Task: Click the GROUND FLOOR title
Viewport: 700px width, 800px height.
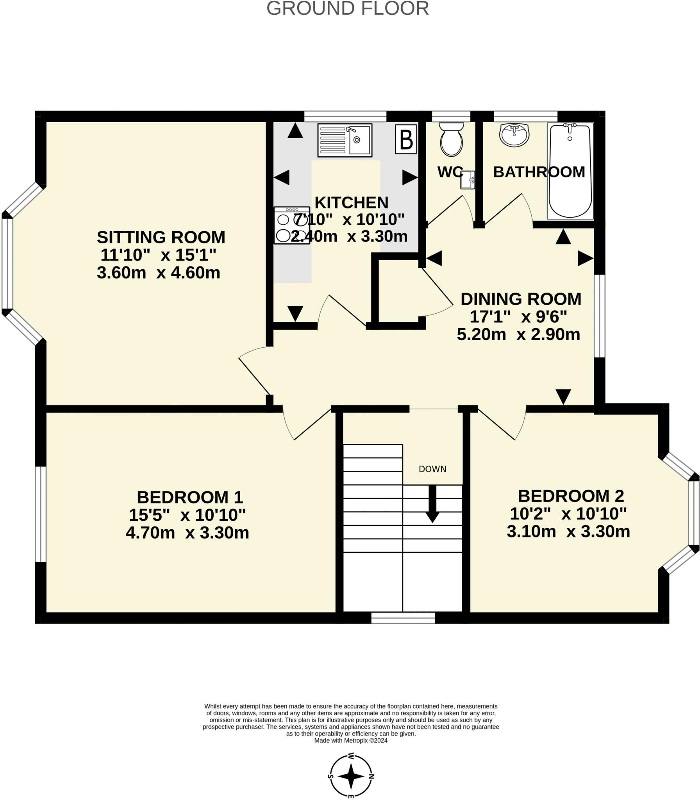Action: click(x=347, y=9)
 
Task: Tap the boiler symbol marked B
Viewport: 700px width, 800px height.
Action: click(x=406, y=139)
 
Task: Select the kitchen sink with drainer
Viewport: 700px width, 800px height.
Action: click(x=345, y=140)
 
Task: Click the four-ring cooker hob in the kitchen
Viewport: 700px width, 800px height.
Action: click(x=291, y=225)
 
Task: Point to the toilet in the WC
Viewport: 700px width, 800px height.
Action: click(x=451, y=139)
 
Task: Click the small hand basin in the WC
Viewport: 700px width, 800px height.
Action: click(x=468, y=180)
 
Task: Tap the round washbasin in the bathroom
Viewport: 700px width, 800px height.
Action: click(x=514, y=134)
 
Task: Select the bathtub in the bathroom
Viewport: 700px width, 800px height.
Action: click(x=570, y=171)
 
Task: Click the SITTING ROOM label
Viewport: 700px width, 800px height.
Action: click(x=161, y=237)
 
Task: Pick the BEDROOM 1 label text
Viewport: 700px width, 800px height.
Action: click(x=190, y=497)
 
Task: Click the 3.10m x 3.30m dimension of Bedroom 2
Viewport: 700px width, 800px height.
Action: click(x=568, y=532)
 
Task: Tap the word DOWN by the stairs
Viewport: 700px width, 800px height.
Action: click(x=432, y=469)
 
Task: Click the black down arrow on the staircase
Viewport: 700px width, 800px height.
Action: click(x=432, y=504)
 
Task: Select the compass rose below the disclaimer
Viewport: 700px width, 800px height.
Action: click(x=351, y=776)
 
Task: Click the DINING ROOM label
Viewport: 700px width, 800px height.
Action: click(x=521, y=299)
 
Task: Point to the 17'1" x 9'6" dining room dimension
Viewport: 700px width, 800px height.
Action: click(x=518, y=317)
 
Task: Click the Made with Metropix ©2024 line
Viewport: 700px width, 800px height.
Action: click(x=351, y=740)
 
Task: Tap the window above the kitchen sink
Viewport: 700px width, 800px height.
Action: click(x=345, y=116)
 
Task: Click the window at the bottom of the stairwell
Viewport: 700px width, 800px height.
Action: click(x=403, y=618)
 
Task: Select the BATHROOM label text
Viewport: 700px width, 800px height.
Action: click(x=539, y=172)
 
